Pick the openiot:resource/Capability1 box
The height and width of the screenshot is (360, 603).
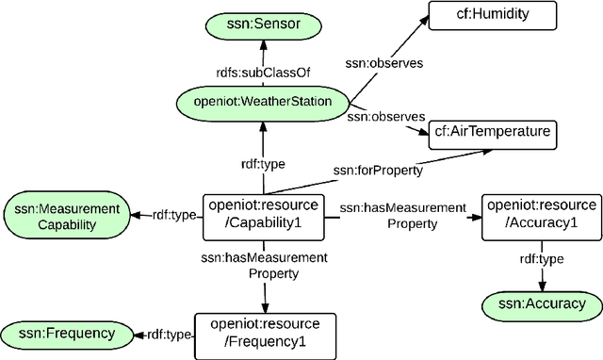265,214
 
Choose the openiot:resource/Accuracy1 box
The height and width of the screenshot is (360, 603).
540,214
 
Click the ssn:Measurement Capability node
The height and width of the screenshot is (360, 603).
64,215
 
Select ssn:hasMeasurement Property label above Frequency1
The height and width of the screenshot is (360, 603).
265,265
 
